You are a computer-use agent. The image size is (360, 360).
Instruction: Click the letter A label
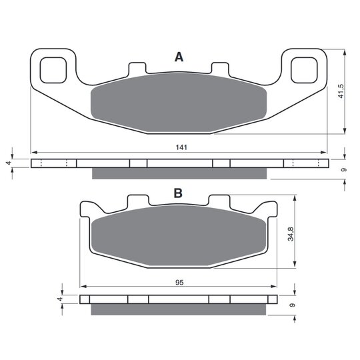point(179,57)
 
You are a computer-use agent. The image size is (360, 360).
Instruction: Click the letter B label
point(178,193)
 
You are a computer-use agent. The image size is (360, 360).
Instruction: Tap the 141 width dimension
point(181,147)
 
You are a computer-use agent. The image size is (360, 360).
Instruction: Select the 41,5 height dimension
point(341,91)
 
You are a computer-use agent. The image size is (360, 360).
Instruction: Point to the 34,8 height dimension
point(291,234)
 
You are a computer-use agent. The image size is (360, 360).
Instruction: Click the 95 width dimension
point(179,283)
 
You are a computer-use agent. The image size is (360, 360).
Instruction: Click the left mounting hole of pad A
point(53,70)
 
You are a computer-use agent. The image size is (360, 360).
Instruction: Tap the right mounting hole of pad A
point(304,70)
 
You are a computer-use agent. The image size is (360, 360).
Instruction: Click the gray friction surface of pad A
point(179,103)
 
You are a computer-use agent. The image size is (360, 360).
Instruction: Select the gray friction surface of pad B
point(179,235)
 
